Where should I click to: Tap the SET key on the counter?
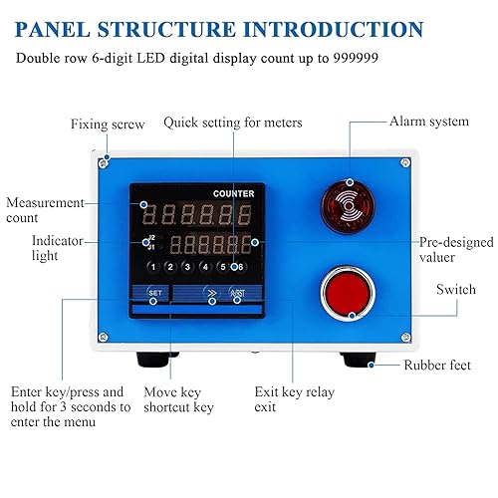[154, 292]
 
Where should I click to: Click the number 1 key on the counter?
[152, 267]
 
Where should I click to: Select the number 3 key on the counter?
[187, 267]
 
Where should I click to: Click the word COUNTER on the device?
[233, 192]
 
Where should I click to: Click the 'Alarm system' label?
[429, 121]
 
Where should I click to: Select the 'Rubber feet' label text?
[437, 366]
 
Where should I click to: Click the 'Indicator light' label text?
[31, 248]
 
